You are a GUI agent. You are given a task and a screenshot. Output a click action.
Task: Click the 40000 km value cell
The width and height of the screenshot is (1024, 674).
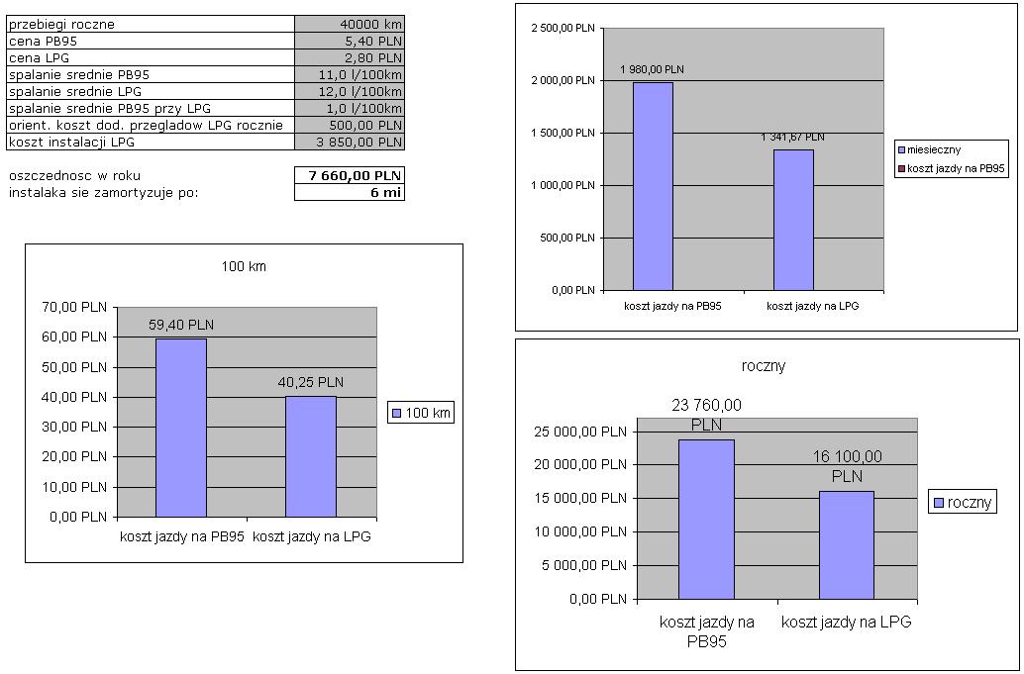coord(350,24)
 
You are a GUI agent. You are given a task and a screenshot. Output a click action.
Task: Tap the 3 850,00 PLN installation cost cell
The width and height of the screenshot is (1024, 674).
coord(350,143)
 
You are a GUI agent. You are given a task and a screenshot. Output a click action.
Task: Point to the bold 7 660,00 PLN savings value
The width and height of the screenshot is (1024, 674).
coord(350,176)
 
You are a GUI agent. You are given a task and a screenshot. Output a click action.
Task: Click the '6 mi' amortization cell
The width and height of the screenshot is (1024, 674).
coord(350,192)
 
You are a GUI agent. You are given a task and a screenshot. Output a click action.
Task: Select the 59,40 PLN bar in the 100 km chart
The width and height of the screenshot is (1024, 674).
coord(181,428)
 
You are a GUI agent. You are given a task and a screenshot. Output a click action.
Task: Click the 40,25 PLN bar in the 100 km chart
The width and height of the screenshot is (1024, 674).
coord(311,456)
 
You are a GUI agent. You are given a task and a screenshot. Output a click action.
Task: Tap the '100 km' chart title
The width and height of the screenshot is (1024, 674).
coord(244,266)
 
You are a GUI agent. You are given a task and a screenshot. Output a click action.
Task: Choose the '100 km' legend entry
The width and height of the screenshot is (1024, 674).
coord(421,413)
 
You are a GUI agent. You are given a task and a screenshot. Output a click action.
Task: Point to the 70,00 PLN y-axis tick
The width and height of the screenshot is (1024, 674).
coord(74,308)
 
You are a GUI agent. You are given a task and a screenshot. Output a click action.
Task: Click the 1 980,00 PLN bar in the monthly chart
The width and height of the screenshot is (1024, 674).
coord(653,186)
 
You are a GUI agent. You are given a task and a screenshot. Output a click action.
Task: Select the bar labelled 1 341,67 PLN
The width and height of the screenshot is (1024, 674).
coord(793,220)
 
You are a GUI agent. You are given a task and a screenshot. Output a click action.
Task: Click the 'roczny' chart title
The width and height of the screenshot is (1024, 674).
coord(764,365)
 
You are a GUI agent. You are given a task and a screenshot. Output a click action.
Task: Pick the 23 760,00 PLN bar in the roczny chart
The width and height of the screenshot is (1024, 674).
coord(706,519)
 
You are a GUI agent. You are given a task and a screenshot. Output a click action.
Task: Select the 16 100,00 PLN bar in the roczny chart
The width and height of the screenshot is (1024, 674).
coord(847,544)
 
